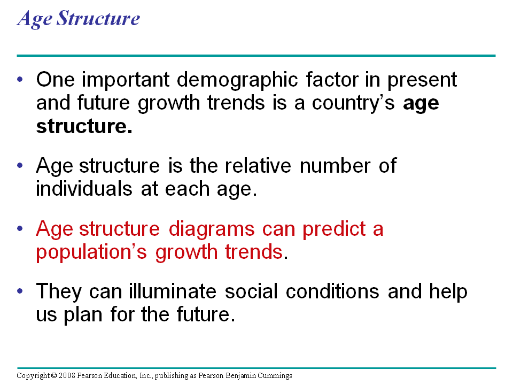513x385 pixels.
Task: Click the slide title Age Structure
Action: click(x=79, y=19)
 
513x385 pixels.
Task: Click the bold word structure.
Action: click(x=83, y=126)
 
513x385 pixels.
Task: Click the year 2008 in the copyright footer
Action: click(x=64, y=376)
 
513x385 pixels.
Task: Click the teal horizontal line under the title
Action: click(x=256, y=56)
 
